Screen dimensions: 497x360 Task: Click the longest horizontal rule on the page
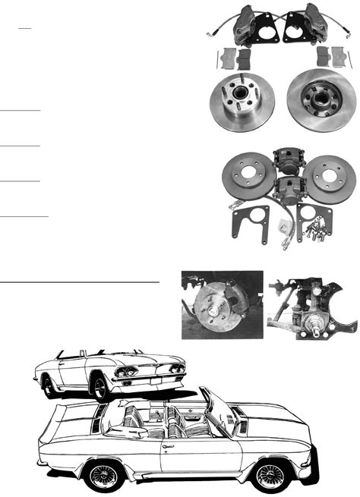[x=80, y=280]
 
